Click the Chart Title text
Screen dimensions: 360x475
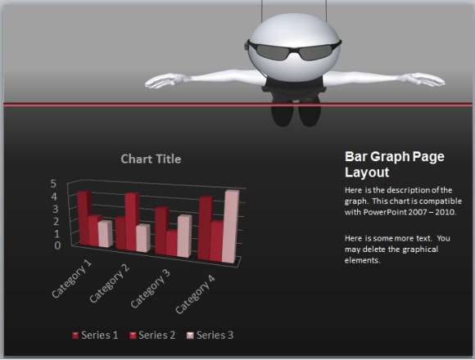click(x=151, y=159)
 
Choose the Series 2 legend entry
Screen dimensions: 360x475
click(x=153, y=335)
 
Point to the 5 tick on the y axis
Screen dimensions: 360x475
click(x=54, y=184)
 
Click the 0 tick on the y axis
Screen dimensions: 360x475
click(x=57, y=245)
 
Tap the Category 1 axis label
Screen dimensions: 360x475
click(x=72, y=279)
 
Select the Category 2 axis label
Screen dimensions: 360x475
click(x=110, y=284)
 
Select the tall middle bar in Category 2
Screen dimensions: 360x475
click(x=131, y=222)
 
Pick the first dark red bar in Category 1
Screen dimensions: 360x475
click(x=84, y=218)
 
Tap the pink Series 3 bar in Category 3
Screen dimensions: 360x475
click(x=183, y=236)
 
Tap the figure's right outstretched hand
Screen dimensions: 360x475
click(x=427, y=79)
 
